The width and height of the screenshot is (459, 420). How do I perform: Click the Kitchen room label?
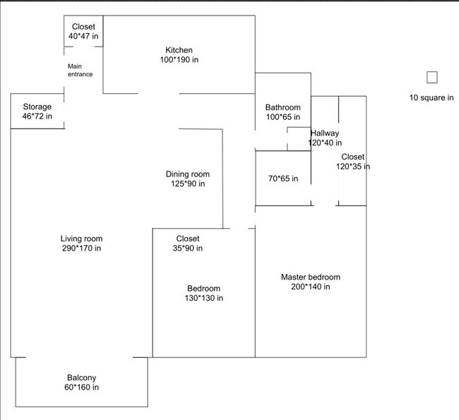[x=179, y=50]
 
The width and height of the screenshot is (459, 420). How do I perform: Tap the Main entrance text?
[x=80, y=70]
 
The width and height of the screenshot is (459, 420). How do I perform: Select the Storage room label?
[x=37, y=107]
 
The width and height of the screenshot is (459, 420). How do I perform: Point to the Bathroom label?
[x=282, y=107]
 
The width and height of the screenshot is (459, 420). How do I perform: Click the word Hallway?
[x=325, y=133]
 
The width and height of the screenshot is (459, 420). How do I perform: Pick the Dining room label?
[x=187, y=174]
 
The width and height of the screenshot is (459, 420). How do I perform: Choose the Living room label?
[x=81, y=239]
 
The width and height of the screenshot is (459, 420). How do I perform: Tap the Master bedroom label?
[x=310, y=277]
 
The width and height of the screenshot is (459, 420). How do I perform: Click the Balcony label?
[x=81, y=378]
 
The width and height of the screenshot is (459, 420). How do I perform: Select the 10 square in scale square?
[x=431, y=78]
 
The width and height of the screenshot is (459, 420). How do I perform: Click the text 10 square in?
[x=431, y=97]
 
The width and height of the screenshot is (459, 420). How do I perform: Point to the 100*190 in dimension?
[x=179, y=60]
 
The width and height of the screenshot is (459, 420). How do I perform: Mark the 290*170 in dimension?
[x=81, y=248]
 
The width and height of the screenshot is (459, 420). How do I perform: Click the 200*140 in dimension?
[x=310, y=287]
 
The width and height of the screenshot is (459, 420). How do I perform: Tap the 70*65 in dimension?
[x=282, y=179]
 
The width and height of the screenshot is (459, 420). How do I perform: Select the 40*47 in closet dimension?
[x=83, y=36]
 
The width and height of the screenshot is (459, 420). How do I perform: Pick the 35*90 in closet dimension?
[x=188, y=248]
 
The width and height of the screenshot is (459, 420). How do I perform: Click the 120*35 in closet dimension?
[x=352, y=167]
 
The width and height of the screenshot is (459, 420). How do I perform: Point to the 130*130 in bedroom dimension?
[x=203, y=298]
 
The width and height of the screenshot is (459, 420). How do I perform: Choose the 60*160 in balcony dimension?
[x=81, y=388]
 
